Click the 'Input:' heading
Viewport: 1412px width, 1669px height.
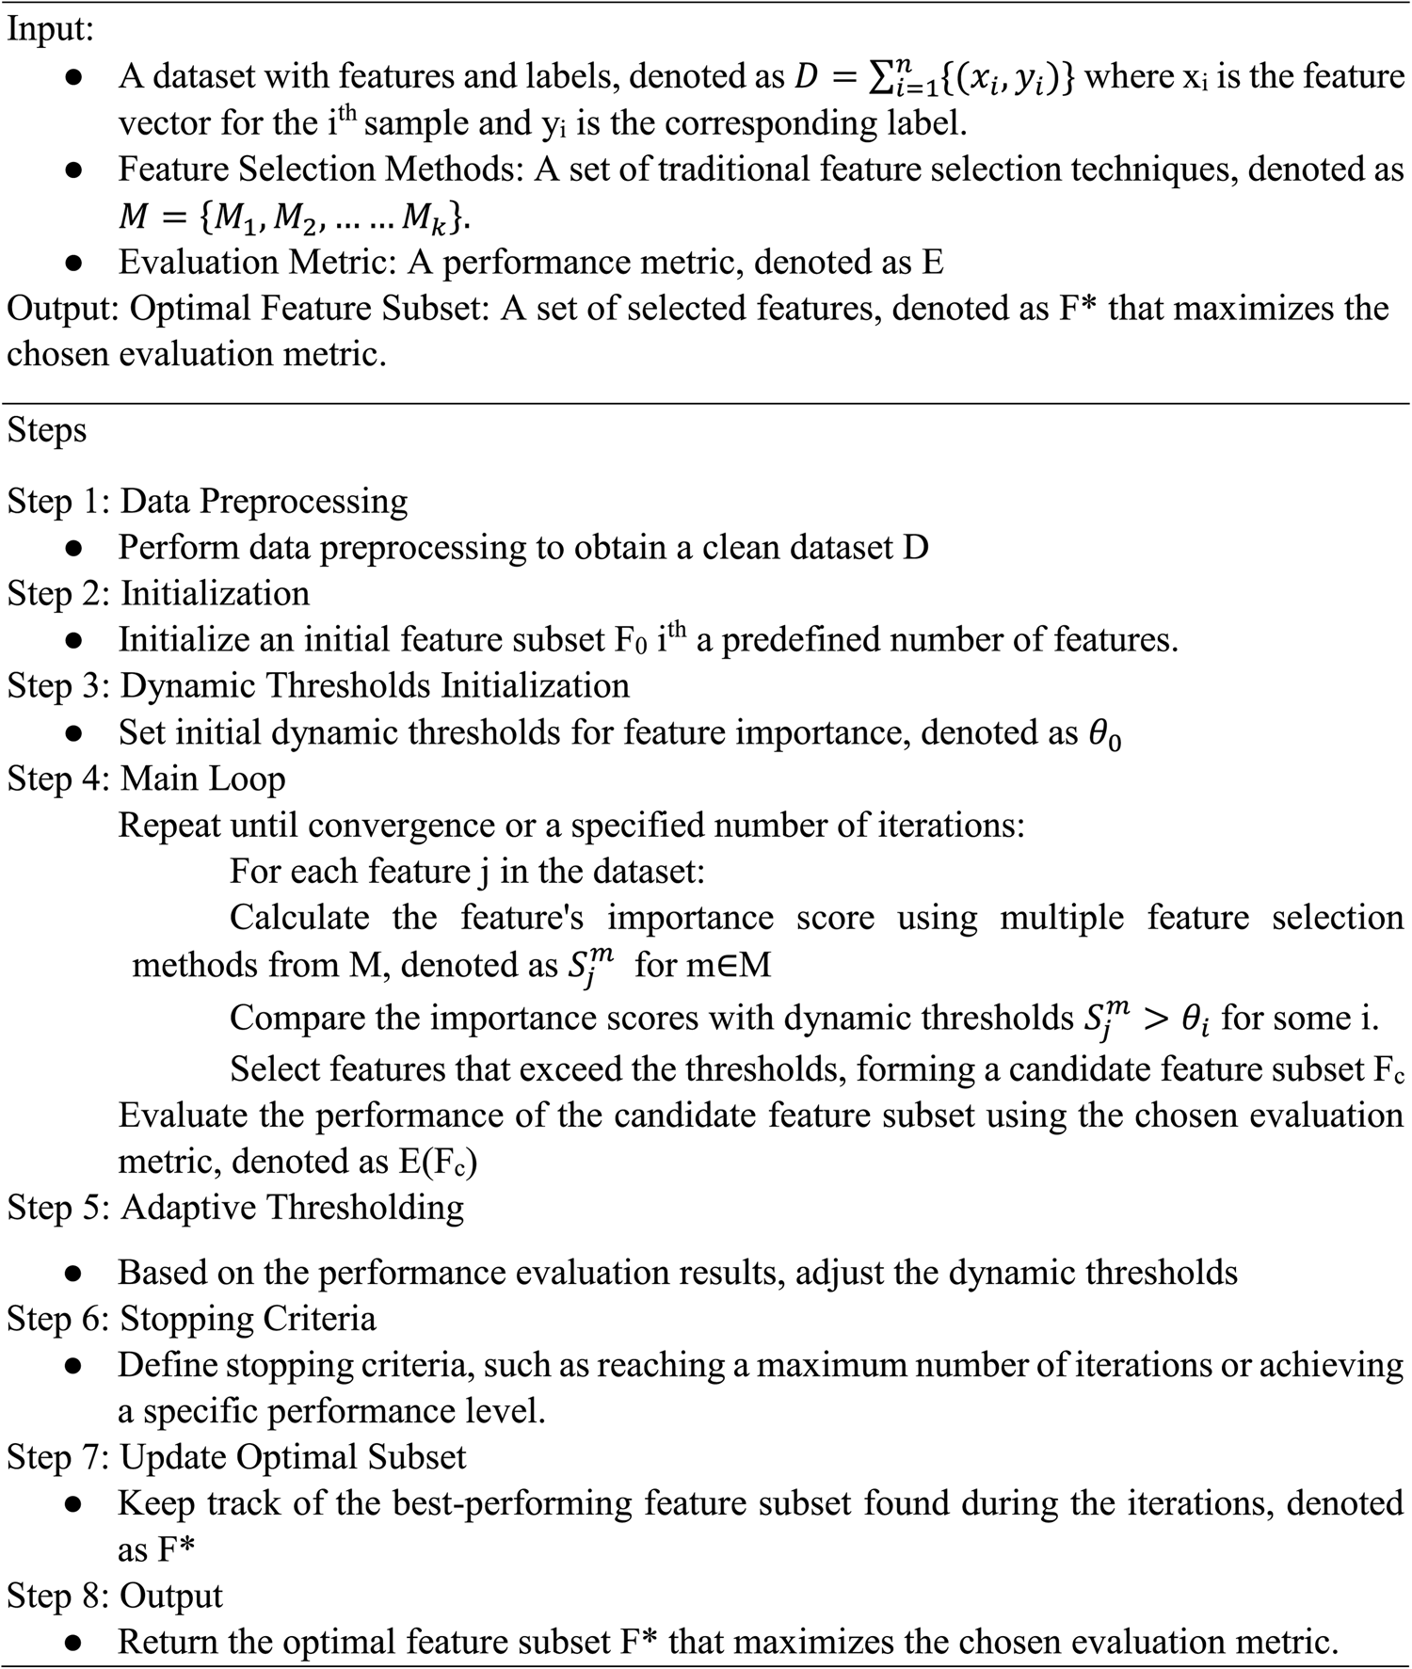click(51, 30)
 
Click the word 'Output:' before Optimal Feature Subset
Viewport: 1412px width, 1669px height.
click(63, 309)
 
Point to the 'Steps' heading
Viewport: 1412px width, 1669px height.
click(47, 430)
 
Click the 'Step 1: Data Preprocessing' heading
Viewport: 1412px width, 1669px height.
click(207, 501)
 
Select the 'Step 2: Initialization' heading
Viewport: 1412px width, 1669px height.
click(158, 593)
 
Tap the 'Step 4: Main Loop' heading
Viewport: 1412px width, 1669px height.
click(146, 778)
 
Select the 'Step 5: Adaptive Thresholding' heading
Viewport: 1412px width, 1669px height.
click(235, 1208)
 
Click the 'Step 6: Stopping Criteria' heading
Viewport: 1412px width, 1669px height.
click(192, 1319)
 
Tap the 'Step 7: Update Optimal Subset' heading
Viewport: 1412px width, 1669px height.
click(236, 1457)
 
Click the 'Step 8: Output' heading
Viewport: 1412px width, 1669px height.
click(115, 1596)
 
